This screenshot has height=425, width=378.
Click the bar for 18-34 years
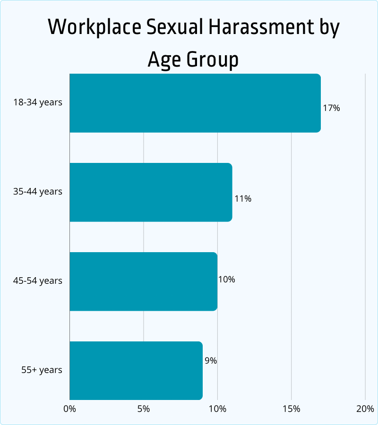coord(195,103)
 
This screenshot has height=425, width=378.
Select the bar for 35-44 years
coord(151,192)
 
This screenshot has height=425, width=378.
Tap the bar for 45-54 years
coord(143,281)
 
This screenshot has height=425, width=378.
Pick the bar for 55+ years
coord(136,370)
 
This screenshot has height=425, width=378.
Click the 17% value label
coord(331,108)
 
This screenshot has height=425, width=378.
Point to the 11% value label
coord(243,199)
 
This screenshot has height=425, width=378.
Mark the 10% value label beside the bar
coord(226,280)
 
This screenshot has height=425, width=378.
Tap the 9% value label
coord(211,361)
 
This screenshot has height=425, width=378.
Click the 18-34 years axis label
coord(38,102)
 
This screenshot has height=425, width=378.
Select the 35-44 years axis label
coord(38,192)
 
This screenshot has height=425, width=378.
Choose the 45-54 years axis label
coord(38,281)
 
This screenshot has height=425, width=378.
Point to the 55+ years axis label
coord(42,370)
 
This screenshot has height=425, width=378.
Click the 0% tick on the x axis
coord(69,409)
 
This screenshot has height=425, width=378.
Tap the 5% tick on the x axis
coord(144,409)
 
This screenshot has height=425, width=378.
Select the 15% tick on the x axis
coord(292,409)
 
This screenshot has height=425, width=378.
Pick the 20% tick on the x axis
coord(365,409)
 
